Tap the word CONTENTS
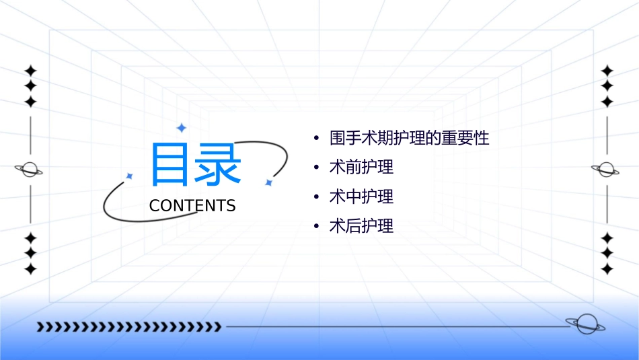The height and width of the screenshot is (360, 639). coord(192,206)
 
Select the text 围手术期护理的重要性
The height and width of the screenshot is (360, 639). coord(409,139)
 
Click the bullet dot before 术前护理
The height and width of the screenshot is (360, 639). coord(316,168)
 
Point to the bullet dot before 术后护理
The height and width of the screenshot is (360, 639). coord(316,227)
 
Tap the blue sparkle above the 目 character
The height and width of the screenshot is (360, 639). coord(180,127)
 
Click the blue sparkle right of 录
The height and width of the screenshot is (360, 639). coord(268,182)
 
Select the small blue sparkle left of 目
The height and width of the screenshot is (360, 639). coord(130,176)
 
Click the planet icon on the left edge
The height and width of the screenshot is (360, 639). coord(29,170)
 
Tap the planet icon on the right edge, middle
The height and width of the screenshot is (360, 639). coord(605,170)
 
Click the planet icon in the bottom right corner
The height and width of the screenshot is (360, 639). coord(585,325)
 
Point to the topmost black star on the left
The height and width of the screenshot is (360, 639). coord(30,70)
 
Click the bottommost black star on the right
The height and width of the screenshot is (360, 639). coord(607,268)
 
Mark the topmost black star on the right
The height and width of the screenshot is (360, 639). coord(607,70)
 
